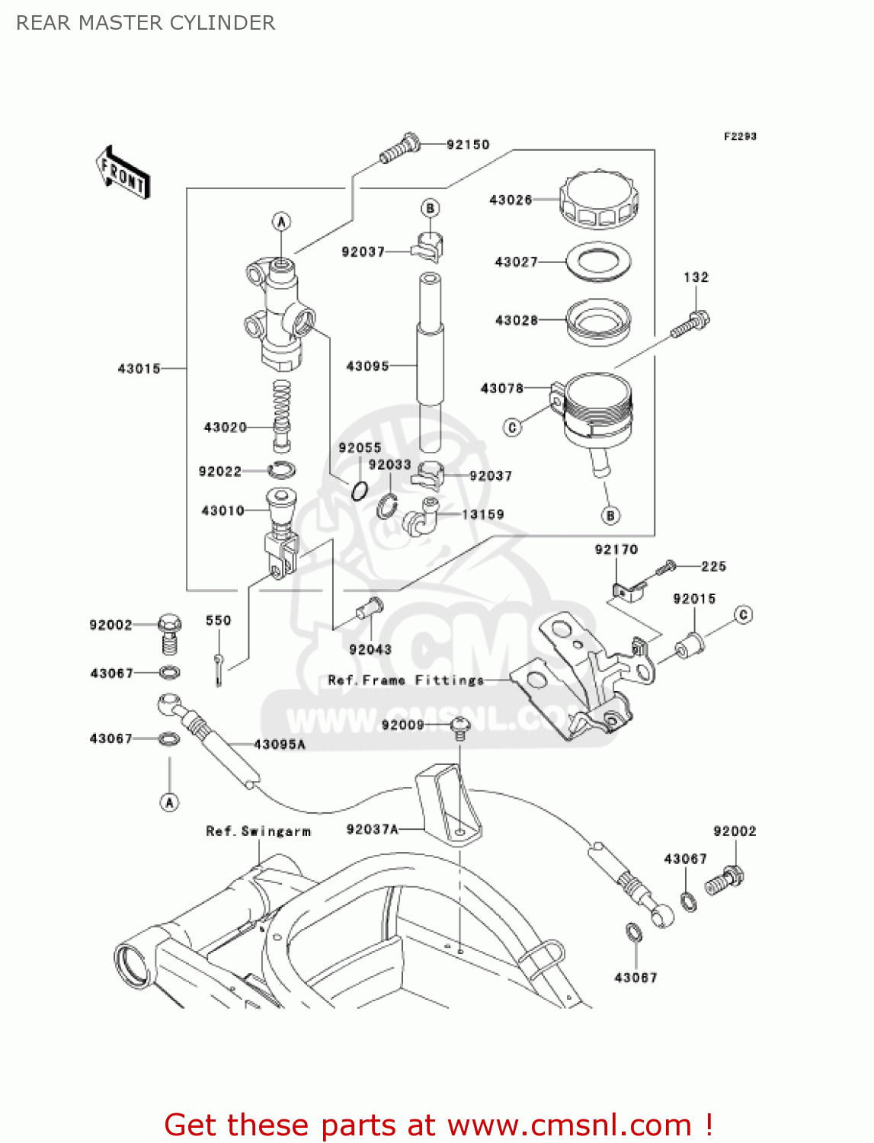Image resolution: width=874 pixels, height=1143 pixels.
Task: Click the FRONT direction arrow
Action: pos(123,173)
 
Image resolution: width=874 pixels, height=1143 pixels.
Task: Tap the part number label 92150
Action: pos(467,145)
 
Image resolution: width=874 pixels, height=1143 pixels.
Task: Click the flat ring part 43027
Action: pos(598,261)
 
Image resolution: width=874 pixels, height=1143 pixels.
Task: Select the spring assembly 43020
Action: pos(282,415)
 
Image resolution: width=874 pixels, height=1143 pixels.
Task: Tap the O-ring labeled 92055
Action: pos(360,491)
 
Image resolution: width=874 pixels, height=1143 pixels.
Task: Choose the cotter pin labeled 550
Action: pos(219,668)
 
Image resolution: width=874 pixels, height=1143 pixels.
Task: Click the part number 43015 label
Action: pos(139,369)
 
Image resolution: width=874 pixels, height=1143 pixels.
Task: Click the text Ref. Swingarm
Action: pos(258,831)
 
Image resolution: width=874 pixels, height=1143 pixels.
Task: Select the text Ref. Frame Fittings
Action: pos(405,680)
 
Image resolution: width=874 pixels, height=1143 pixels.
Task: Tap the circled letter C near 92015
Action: pos(743,614)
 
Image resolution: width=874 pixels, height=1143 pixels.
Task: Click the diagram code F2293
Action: pos(739,136)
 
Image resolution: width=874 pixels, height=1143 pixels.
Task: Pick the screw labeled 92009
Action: pos(459,728)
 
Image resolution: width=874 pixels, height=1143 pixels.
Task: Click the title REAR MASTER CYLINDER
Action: pos(146,23)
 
